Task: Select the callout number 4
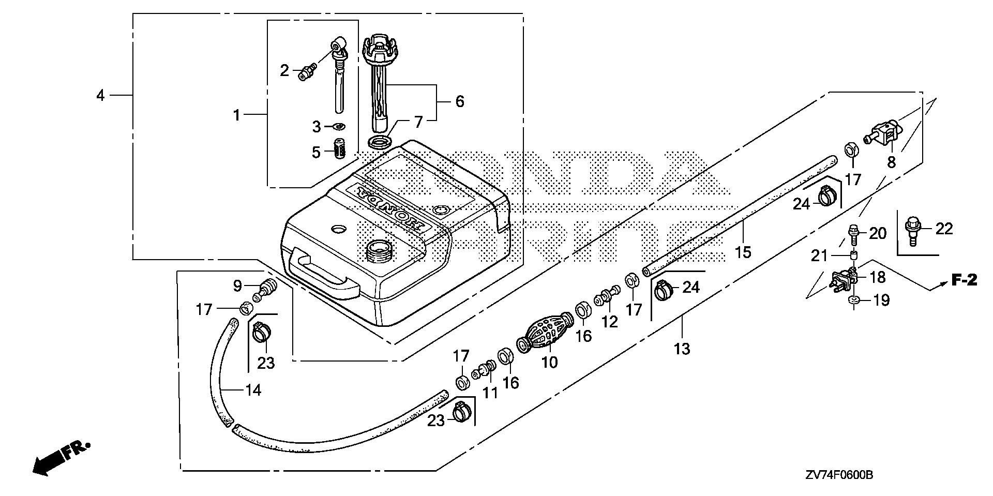coord(100,95)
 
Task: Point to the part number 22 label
coord(944,228)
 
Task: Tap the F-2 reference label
coord(964,280)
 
